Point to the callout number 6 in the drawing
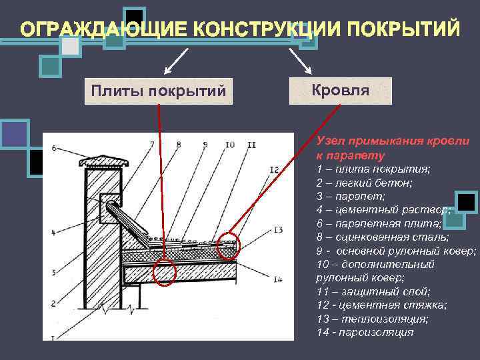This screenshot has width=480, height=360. [x=53, y=147]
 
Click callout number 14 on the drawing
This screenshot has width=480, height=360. [x=278, y=279]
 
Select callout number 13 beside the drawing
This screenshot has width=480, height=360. [x=278, y=230]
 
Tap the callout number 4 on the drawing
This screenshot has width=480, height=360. [x=53, y=233]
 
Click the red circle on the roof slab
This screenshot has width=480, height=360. [x=163, y=273]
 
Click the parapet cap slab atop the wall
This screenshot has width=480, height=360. [x=100, y=161]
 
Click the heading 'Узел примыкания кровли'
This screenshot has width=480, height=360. [x=393, y=141]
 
